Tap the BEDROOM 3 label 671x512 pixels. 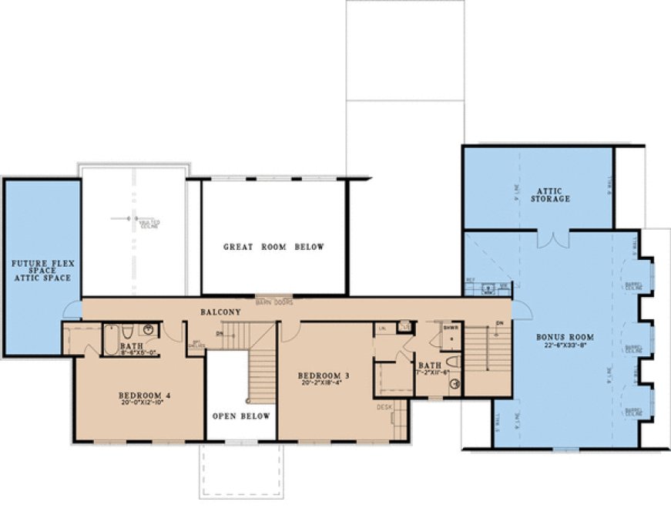click(x=324, y=376)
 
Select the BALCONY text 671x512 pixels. click(x=221, y=312)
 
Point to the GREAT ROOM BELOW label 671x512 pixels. click(x=273, y=247)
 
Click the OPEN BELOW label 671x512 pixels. click(x=242, y=416)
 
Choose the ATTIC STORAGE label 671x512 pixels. click(x=553, y=194)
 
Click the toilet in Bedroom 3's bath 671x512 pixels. click(x=452, y=361)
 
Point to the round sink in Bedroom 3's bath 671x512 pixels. click(x=454, y=382)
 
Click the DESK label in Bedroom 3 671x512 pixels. click(x=383, y=406)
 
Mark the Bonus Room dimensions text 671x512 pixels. click(x=560, y=346)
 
